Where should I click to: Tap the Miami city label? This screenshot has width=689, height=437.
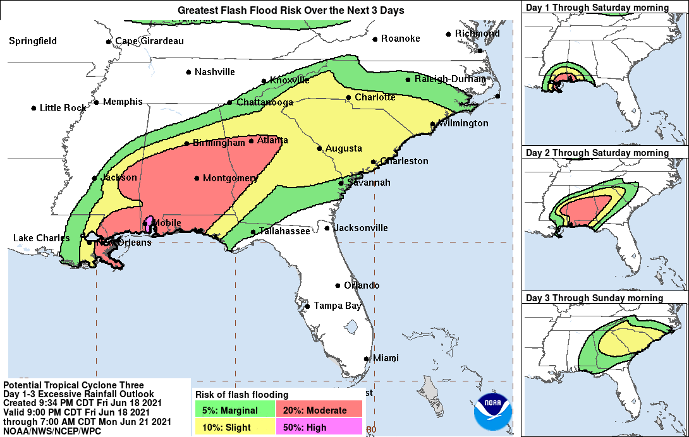[386, 358]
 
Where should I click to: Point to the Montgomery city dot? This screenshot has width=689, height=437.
[197, 178]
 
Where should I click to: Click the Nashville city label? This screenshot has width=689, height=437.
[214, 72]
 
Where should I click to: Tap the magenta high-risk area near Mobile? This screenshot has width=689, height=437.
[149, 223]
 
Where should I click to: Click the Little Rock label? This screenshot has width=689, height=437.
[63, 108]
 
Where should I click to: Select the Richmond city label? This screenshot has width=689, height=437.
[477, 33]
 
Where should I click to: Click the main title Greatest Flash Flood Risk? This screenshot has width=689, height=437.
[291, 11]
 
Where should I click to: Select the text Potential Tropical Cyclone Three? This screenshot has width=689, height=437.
[73, 385]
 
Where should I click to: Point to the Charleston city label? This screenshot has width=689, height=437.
[404, 161]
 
